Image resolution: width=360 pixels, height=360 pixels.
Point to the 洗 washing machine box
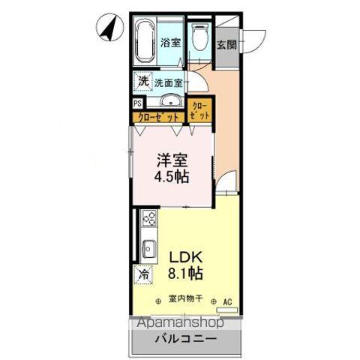pos(142,82)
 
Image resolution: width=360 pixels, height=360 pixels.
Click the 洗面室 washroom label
pos(169,84)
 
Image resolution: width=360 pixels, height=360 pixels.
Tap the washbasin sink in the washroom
pos(170,103)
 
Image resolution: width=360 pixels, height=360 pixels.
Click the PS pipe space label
pos(136,105)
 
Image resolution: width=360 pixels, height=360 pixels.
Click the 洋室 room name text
pos(171,160)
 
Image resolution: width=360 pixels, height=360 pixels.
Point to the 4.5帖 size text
pos(171,178)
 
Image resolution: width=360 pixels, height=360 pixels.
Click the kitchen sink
pos(148,246)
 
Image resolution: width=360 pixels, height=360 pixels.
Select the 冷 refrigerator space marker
pos(142,274)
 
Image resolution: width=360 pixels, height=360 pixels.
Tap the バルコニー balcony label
pos(186,339)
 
